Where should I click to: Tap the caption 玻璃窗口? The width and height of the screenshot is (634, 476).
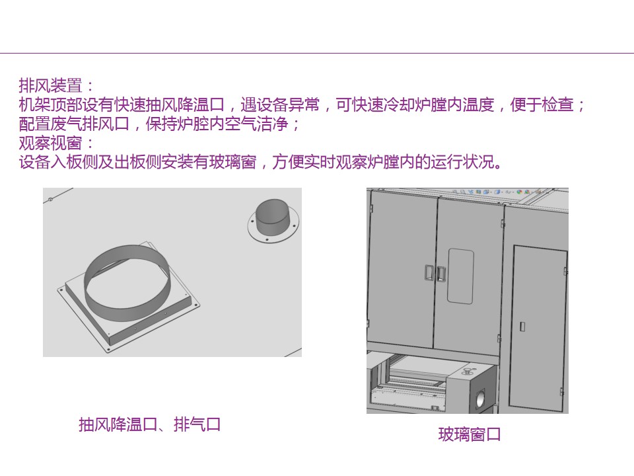(x=470, y=434)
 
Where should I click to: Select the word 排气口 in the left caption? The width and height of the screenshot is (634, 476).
(x=197, y=424)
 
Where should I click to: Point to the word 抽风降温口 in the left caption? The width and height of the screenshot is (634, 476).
(x=118, y=424)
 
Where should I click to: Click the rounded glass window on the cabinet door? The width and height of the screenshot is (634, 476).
(x=460, y=276)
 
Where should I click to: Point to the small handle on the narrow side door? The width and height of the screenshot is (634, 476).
(x=522, y=326)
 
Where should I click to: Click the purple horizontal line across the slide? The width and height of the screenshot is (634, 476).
(x=317, y=53)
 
